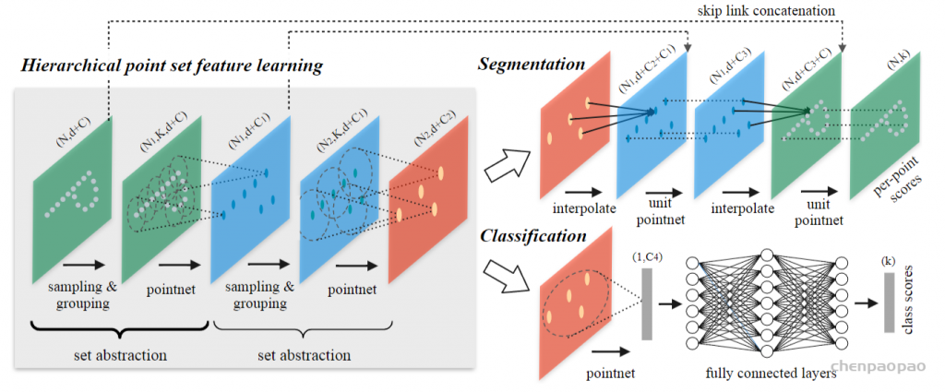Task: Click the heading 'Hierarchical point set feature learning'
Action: [172, 65]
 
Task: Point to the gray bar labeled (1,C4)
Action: [647, 304]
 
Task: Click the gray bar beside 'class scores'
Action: [889, 302]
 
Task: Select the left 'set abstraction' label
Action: [119, 355]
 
